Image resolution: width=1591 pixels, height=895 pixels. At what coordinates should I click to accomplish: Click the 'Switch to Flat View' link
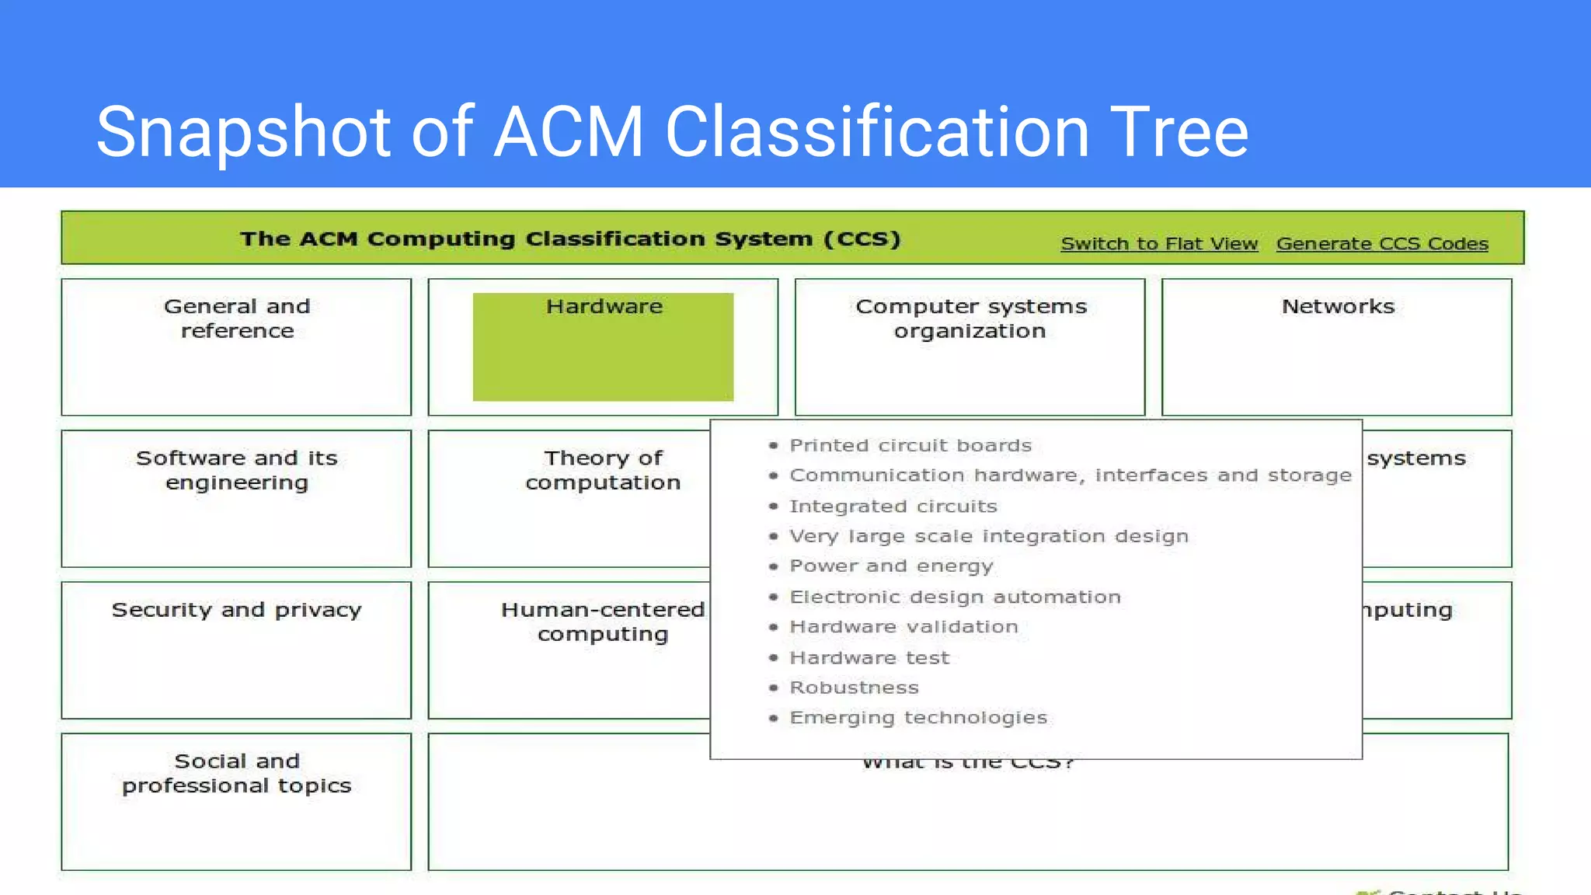[1158, 244]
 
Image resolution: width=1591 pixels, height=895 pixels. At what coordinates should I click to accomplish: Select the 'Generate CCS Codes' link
[1381, 244]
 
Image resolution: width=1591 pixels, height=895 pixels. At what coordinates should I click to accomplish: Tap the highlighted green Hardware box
[603, 347]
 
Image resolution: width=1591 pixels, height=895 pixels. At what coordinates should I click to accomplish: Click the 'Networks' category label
[1337, 307]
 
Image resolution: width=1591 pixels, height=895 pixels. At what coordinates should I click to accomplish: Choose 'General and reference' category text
[237, 319]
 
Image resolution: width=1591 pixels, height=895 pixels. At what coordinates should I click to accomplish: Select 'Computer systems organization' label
[970, 319]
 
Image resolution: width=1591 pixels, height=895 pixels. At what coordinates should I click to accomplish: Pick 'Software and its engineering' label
[237, 470]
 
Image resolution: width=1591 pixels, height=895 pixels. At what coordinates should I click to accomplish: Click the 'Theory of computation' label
[603, 470]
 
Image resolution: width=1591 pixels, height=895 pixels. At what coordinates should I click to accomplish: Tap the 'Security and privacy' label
[237, 610]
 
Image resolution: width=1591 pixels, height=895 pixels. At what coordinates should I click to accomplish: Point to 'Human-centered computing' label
[603, 622]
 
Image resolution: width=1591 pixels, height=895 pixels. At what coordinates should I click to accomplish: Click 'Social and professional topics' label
[237, 773]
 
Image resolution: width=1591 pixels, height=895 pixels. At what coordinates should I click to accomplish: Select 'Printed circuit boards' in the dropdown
[910, 446]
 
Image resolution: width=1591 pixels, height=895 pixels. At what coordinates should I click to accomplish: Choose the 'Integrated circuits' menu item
[893, 507]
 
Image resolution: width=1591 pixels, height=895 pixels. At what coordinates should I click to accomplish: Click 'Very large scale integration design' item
[988, 536]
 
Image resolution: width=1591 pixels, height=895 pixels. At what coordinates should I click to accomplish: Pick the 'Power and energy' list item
[891, 566]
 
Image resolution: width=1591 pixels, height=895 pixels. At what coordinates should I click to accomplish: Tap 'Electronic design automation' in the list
[955, 597]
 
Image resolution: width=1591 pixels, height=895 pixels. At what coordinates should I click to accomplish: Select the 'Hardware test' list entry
[869, 658]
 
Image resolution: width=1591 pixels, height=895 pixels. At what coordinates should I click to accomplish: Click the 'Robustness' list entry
[854, 688]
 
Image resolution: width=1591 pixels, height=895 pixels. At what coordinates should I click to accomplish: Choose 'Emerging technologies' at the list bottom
[917, 718]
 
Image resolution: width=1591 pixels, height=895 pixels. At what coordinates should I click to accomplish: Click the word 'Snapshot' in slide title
[243, 133]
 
